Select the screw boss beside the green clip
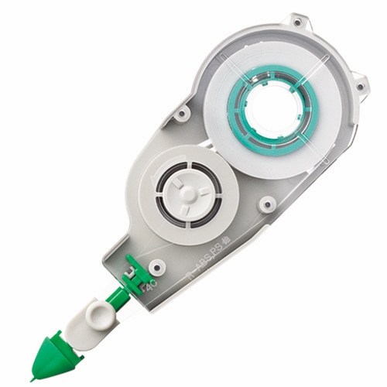point(158,267)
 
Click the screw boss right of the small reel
point(267,204)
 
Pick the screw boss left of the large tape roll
point(182,114)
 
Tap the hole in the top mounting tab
point(296,22)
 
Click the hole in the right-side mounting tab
point(358,83)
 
